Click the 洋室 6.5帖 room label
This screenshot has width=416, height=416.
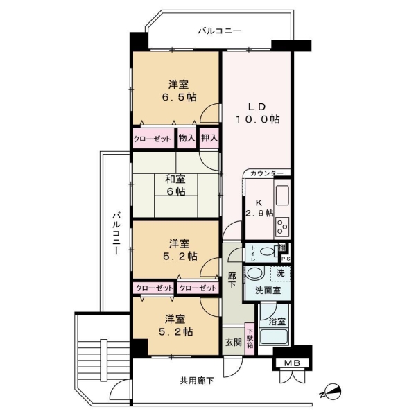(177, 91)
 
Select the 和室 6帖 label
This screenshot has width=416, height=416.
(175, 184)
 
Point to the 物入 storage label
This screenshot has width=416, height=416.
(186, 138)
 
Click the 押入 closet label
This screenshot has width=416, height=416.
(209, 138)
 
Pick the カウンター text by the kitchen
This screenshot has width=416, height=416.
(267, 173)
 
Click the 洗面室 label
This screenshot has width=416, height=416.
(267, 290)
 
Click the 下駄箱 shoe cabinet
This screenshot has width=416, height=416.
(250, 340)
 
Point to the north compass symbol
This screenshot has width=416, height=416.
(331, 392)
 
